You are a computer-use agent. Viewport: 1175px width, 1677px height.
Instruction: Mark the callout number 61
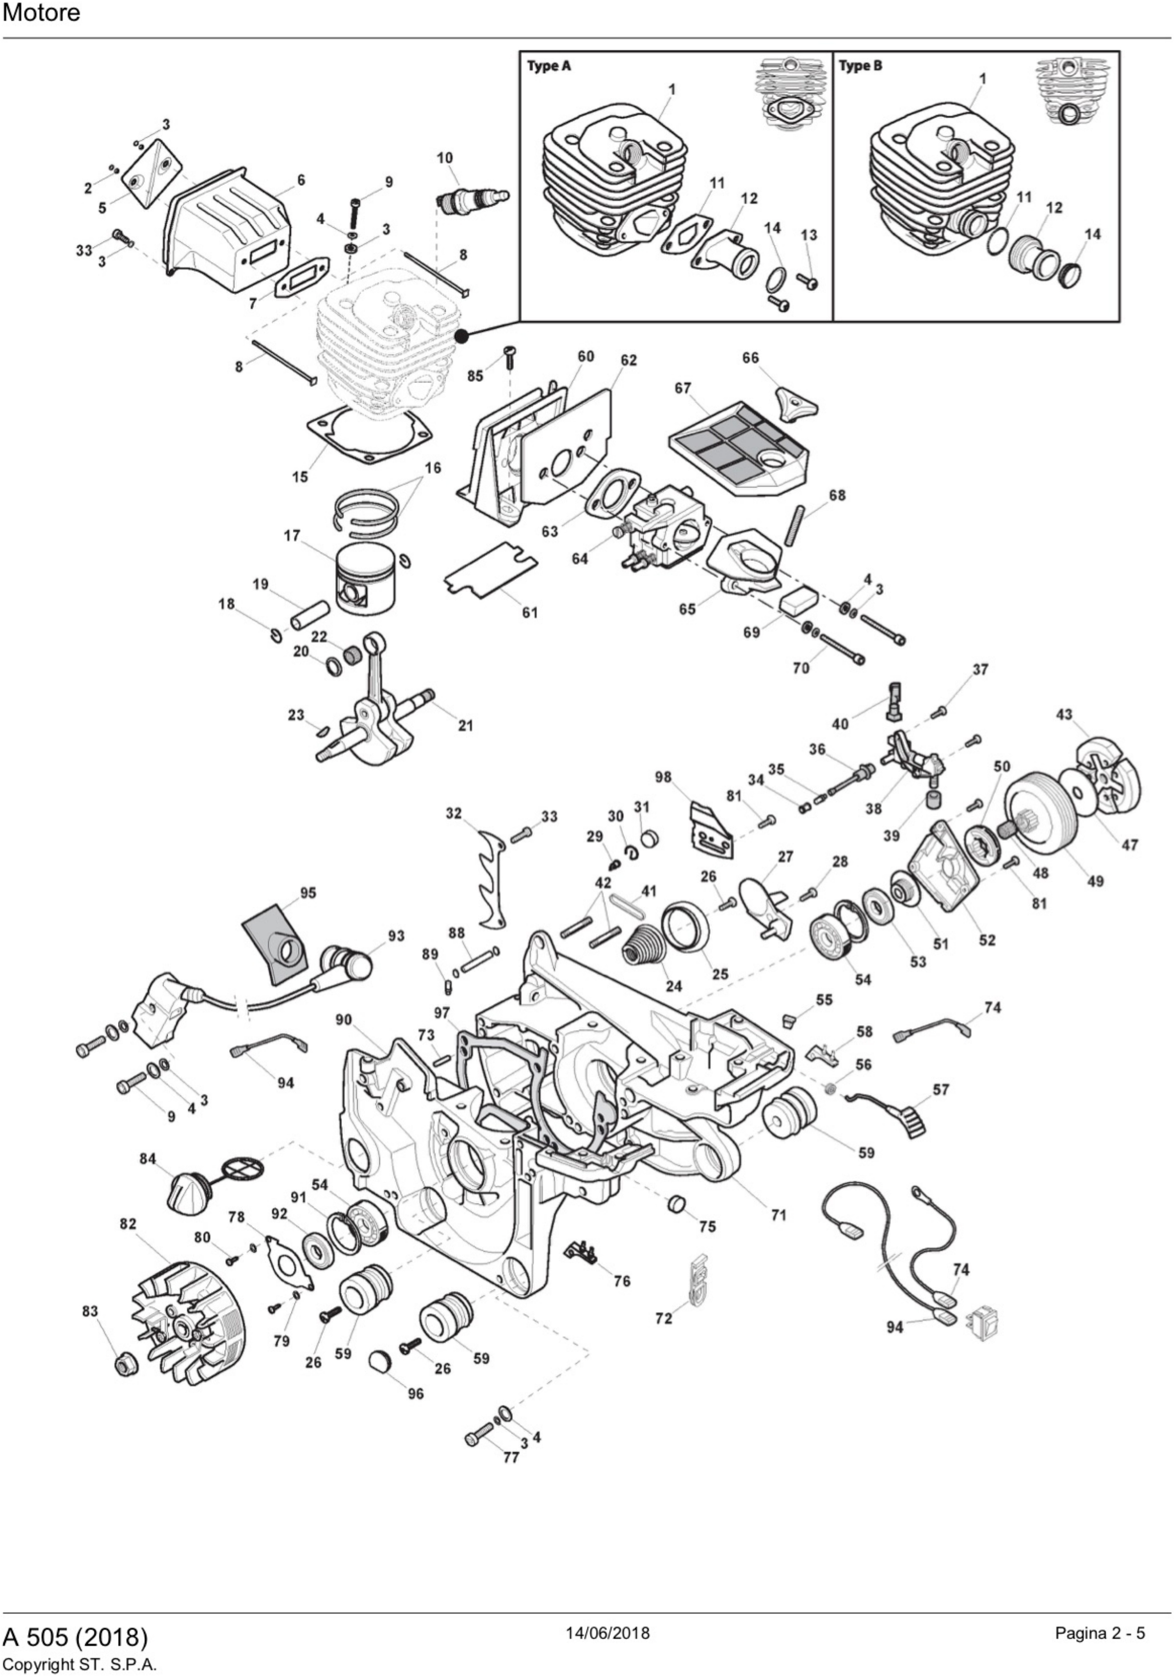(x=529, y=612)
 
